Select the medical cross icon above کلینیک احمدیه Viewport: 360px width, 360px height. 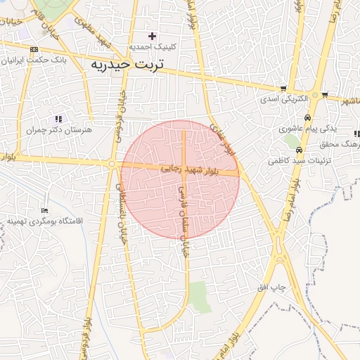pyautogui.click(x=152, y=36)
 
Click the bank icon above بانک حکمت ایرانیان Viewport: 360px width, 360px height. pyautogui.click(x=34, y=49)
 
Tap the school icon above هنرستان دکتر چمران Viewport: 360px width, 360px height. pyautogui.click(x=58, y=119)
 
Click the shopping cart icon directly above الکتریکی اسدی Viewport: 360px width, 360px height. pyautogui.click(x=283, y=89)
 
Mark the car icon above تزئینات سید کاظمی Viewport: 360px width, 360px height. pyautogui.click(x=300, y=150)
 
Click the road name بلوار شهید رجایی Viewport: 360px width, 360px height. pyautogui.click(x=189, y=169)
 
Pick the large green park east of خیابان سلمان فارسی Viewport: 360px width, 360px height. pyautogui.click(x=199, y=296)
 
